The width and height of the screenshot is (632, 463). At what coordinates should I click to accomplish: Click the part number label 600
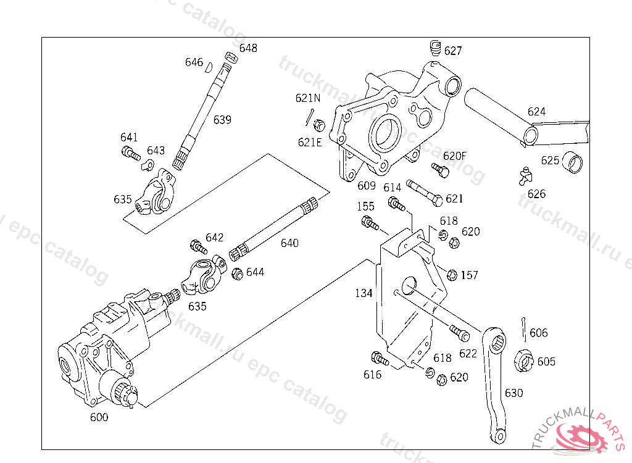click(99, 417)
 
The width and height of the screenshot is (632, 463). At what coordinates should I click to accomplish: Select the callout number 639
click(222, 120)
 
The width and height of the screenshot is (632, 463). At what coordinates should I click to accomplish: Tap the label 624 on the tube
click(536, 112)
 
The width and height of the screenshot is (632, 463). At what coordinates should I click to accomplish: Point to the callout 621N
click(308, 98)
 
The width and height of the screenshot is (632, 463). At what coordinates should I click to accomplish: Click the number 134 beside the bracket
click(364, 293)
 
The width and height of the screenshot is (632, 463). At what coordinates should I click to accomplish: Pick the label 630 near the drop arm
click(514, 393)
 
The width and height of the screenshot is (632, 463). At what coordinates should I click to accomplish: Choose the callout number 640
click(289, 243)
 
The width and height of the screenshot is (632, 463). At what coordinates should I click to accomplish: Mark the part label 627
click(453, 51)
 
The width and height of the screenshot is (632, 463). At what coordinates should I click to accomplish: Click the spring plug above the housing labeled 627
click(435, 48)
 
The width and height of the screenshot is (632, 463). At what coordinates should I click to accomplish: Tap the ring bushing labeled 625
click(572, 162)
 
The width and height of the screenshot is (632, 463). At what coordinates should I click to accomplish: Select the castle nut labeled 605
click(523, 361)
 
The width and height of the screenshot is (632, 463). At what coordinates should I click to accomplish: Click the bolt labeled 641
click(131, 153)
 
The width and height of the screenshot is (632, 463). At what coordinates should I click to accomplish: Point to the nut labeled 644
click(238, 274)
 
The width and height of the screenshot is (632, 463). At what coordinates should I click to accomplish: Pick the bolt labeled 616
click(380, 359)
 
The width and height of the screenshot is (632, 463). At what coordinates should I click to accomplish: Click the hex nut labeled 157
click(452, 275)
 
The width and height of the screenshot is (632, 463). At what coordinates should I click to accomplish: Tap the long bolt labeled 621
click(425, 193)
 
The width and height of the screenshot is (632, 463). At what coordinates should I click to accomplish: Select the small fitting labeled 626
click(525, 176)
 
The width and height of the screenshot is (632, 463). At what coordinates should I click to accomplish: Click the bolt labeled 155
click(370, 223)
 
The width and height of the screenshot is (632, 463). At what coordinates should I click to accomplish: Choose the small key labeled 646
click(209, 67)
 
